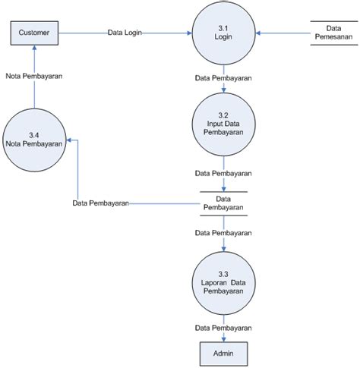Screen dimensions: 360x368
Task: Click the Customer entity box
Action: pos(34,33)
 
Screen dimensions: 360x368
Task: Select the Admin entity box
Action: pos(223,354)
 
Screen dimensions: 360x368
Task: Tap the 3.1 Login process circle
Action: pos(223,33)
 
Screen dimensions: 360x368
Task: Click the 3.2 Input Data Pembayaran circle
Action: pos(223,124)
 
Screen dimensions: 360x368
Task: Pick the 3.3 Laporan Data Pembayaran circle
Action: pos(223,283)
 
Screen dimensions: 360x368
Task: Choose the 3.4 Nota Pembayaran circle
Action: pos(34,140)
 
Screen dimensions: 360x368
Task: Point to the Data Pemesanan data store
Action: pos(334,33)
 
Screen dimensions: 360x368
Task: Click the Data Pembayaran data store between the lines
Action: pos(223,203)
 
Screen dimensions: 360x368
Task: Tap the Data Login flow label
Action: pos(125,33)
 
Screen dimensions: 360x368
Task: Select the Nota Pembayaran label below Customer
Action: pos(34,76)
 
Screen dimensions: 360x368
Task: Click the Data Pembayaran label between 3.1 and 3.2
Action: pos(223,78)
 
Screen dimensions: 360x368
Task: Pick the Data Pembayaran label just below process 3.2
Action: pos(223,173)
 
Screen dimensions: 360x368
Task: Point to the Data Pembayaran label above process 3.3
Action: pos(223,233)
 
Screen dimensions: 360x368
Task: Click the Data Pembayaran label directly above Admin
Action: pos(223,328)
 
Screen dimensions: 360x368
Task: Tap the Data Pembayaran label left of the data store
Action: pos(101,203)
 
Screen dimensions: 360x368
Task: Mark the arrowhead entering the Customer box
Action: pos(34,48)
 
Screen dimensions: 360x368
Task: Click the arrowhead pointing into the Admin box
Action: pos(223,340)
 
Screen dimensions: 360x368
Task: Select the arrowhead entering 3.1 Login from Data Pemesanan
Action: pos(258,33)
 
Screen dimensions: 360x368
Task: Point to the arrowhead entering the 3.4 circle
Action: pos(69,140)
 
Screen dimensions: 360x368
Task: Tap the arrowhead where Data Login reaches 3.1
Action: pos(189,33)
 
